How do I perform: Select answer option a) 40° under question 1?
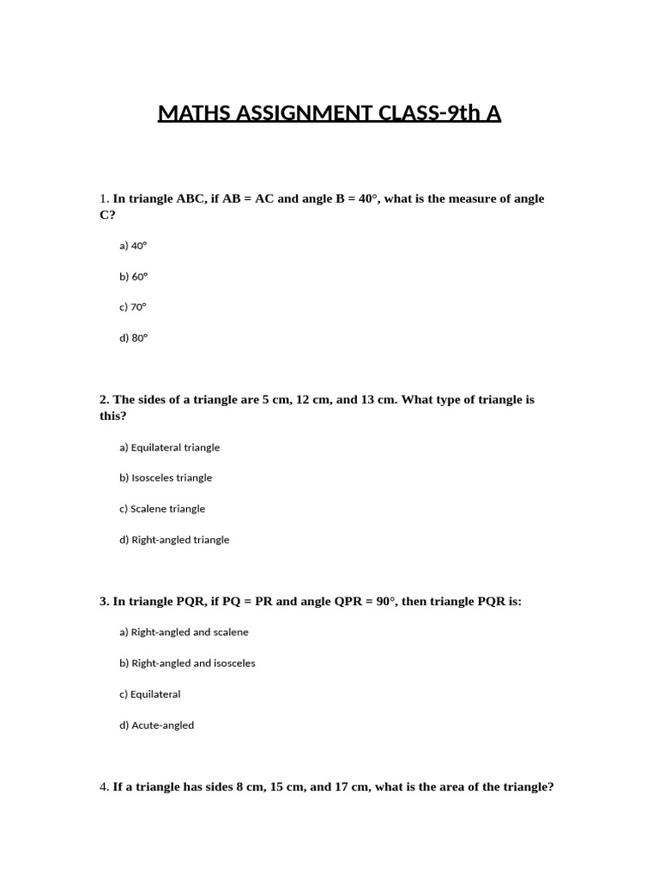(134, 246)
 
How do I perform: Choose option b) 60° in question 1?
(134, 276)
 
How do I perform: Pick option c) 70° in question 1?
(134, 307)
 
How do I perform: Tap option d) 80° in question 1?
(134, 338)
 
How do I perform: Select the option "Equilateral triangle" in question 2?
(170, 447)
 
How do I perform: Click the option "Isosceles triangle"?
(166, 478)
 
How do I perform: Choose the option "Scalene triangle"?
(163, 509)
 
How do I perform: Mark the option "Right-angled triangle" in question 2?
(175, 540)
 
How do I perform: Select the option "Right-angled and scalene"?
(184, 633)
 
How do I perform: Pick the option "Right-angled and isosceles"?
(188, 664)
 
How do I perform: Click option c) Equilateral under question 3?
(150, 694)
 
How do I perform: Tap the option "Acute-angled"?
(157, 725)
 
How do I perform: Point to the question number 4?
(103, 786)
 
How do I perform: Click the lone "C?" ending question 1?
(107, 215)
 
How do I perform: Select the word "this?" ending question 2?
(112, 415)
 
